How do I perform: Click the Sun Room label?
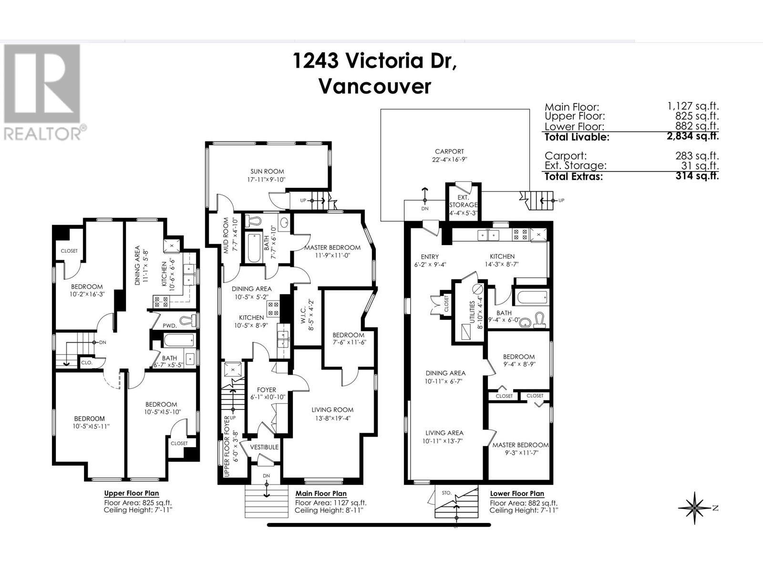coord(267,172)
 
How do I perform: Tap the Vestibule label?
coord(264,447)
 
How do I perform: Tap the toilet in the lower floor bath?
coord(540,320)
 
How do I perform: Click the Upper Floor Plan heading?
coord(132,493)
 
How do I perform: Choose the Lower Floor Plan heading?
coord(517,493)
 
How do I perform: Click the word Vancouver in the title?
coord(374,86)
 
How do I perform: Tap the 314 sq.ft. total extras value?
coord(697,175)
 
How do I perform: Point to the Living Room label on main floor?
coord(332,409)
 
